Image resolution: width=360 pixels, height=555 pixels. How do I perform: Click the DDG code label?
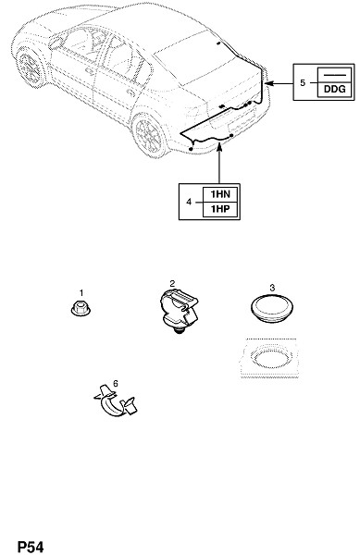click(334, 89)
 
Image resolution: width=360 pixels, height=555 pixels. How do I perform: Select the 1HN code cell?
click(220, 194)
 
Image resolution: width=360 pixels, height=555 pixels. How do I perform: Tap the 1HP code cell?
click(220, 209)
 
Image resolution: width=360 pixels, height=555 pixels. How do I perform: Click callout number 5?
click(303, 82)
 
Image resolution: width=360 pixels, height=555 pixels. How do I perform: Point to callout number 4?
click(189, 202)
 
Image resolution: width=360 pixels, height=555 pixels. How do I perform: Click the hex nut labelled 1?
click(81, 308)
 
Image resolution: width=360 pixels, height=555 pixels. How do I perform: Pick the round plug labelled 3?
click(272, 308)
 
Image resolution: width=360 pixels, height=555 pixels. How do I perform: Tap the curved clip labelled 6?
click(116, 401)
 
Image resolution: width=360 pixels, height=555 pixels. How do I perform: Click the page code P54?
click(31, 547)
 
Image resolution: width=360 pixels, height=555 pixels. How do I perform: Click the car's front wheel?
click(30, 68)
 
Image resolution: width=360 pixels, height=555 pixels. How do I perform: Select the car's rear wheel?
click(150, 135)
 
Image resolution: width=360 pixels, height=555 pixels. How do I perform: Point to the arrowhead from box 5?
click(267, 83)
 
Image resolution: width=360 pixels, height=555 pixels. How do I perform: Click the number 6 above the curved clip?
click(116, 383)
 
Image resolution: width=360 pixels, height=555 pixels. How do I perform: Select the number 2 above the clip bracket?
click(172, 284)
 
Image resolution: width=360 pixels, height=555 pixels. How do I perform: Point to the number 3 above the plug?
click(272, 288)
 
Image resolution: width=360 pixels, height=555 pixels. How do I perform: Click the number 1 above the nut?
click(81, 293)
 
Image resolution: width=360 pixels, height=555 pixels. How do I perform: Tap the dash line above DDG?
click(335, 75)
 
